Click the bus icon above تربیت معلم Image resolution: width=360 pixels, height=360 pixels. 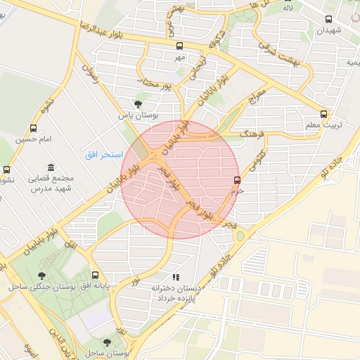coord(323,113)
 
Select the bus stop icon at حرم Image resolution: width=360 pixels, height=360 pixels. coord(237,179)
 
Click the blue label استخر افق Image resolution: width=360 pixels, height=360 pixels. coord(104,153)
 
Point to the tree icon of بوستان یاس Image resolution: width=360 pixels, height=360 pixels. coord(137,103)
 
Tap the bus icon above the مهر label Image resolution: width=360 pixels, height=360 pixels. coord(179,46)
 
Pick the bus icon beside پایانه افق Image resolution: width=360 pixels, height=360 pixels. coord(96,275)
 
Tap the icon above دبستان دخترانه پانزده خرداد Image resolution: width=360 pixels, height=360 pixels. coord(176,277)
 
